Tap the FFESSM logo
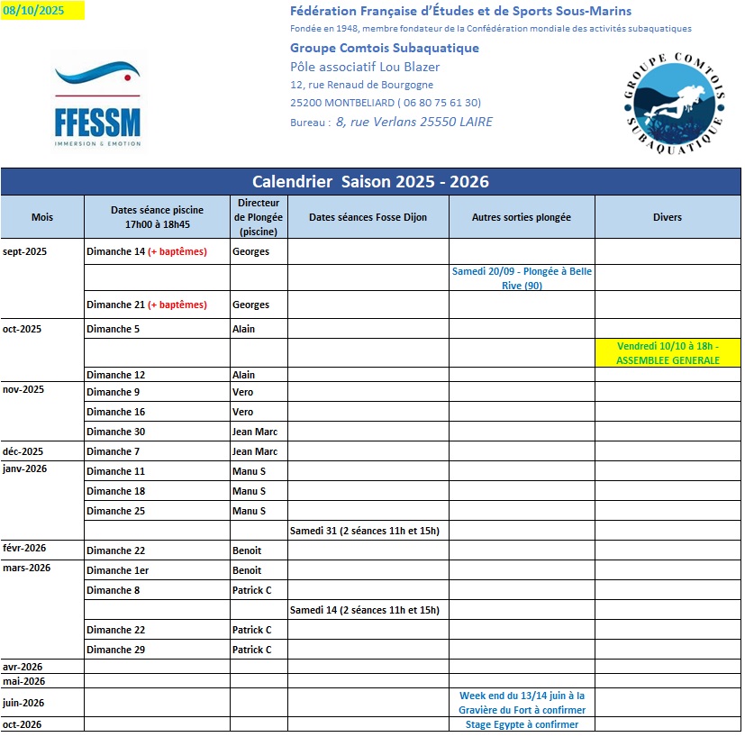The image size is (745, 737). (96, 104)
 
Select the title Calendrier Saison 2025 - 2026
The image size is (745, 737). (370, 181)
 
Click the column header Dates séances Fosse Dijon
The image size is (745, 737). (368, 217)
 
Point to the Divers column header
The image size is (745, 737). (667, 217)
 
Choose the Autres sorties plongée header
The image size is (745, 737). (522, 217)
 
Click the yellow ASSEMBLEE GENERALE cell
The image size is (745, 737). (668, 353)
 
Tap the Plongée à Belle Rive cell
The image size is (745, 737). (522, 278)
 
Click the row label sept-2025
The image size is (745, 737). (25, 251)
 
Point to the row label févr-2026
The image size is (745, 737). (25, 549)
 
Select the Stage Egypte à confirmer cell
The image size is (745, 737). (522, 724)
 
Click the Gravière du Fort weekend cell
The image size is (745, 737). (522, 703)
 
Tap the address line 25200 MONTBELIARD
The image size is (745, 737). (385, 103)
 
